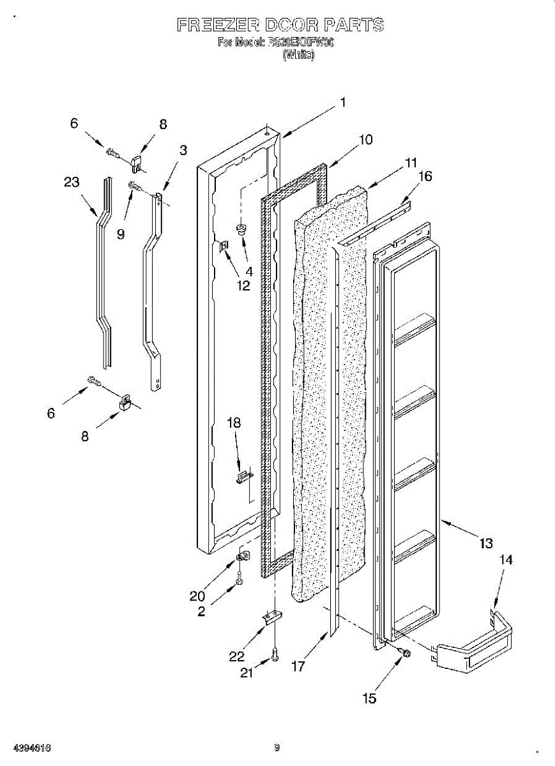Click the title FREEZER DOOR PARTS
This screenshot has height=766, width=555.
point(280,26)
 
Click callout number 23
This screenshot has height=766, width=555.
point(72,183)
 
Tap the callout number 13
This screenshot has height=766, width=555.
point(486,543)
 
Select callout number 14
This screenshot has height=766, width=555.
point(505,560)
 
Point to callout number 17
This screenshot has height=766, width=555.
point(297,666)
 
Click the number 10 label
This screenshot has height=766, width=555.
point(365,139)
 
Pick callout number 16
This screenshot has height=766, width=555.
point(425,176)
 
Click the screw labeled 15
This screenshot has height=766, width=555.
point(404,652)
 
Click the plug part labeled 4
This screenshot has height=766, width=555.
point(242,229)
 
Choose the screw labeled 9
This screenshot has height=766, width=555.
point(135,186)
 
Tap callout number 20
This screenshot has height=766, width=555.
point(197,596)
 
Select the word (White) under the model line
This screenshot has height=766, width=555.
point(298,55)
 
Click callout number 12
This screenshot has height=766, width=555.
point(243,285)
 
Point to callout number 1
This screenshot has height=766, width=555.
point(343,101)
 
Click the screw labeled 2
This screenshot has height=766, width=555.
point(239,581)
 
